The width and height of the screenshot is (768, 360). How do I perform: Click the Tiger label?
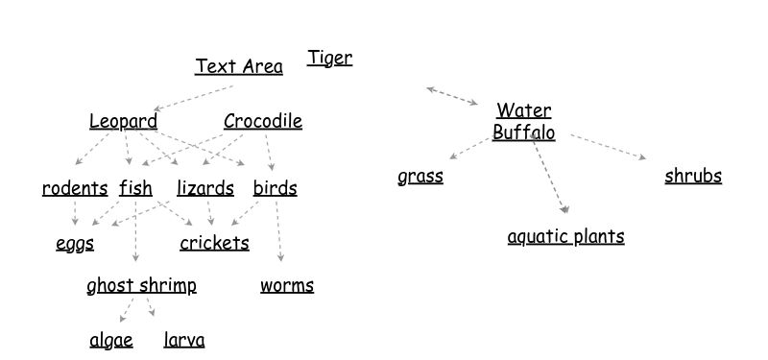coord(329,59)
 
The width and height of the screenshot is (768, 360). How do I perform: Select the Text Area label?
coord(239,66)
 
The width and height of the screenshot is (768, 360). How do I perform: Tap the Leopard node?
coord(123,121)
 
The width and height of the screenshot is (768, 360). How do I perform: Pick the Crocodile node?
coord(262,121)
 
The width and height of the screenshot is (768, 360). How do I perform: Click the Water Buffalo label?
coord(524,122)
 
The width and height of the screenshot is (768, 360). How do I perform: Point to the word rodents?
coord(75,188)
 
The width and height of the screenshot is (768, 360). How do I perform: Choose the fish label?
coord(135,188)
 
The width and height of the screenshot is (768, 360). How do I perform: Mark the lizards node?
coord(205,188)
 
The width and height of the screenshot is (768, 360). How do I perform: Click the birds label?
coord(275,188)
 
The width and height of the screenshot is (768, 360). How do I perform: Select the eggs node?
coord(75,243)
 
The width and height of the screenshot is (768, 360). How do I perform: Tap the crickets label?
coord(214,243)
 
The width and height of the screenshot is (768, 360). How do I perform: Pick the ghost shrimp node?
coord(141,285)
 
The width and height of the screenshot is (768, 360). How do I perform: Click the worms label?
coord(286,285)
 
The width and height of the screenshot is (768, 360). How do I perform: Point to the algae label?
coord(111,340)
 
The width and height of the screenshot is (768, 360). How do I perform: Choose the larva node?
coord(184,340)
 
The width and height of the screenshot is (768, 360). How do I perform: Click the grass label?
coord(420,177)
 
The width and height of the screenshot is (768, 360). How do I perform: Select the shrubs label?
coord(693,177)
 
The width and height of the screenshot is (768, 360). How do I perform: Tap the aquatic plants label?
coord(565,236)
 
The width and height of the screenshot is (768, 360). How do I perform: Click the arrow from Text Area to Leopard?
coord(194,98)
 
